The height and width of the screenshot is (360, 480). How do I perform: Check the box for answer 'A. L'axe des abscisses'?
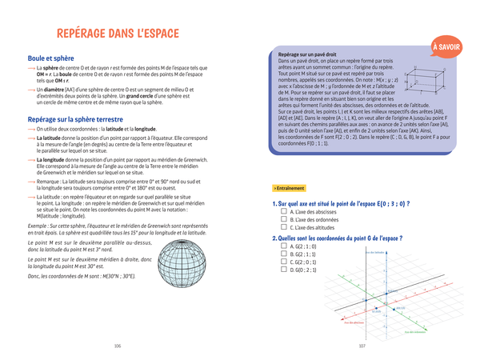[283, 211]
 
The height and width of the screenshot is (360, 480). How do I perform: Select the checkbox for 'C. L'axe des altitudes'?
[283, 226]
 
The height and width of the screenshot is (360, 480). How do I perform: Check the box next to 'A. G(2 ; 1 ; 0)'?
[283, 246]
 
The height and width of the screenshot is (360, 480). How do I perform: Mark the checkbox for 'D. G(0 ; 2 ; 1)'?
[283, 270]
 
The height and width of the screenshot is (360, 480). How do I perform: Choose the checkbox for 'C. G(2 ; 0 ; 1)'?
[283, 262]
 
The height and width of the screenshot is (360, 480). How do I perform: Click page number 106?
[118, 346]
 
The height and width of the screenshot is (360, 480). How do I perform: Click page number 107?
[362, 346]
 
